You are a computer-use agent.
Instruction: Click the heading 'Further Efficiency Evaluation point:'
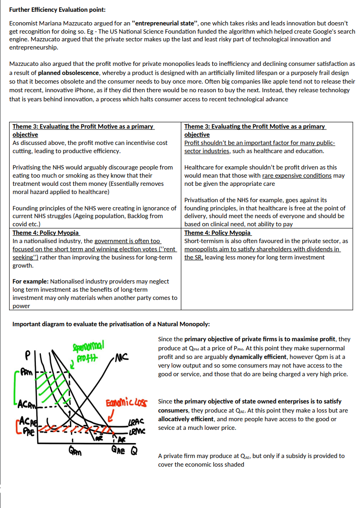click(x=58, y=10)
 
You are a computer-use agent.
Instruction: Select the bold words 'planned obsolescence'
click(x=69, y=73)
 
